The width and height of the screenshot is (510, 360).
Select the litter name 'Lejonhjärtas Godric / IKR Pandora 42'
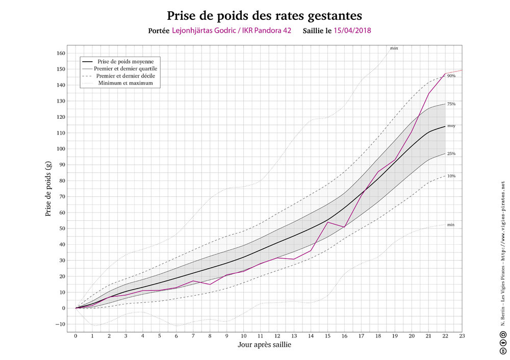(x=232, y=30)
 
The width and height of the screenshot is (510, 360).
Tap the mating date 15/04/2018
(x=352, y=30)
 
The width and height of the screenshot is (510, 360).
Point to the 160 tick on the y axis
(x=61, y=53)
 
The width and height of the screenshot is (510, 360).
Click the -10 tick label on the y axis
(x=60, y=324)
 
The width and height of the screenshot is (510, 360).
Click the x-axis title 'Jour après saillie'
(x=265, y=345)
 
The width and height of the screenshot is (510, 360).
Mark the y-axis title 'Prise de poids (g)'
(x=48, y=189)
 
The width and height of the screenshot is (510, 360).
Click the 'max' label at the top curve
(x=394, y=48)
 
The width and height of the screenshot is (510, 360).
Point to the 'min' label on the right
(x=451, y=224)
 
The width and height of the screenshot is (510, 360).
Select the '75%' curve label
(x=451, y=104)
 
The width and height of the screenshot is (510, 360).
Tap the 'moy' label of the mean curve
(x=451, y=125)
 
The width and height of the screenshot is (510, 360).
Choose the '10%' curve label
(x=451, y=176)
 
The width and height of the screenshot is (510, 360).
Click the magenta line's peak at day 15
(x=327, y=222)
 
